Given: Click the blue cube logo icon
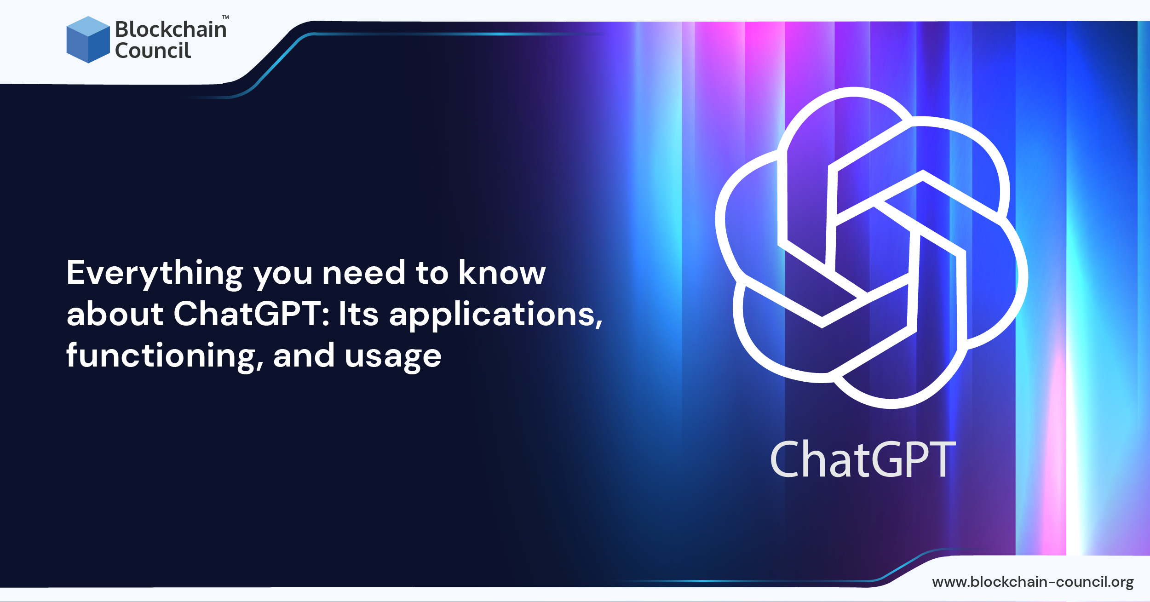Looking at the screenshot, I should (x=88, y=40).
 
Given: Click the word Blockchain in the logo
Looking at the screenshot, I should (x=171, y=29).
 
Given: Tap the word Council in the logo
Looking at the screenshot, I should (x=153, y=51).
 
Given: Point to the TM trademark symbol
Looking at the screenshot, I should (x=225, y=17).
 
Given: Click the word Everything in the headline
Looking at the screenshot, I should (x=155, y=274).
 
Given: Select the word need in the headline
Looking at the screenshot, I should (x=363, y=273).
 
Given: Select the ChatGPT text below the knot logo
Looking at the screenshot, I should (x=862, y=459).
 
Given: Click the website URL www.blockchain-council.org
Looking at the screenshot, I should (x=1033, y=582).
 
